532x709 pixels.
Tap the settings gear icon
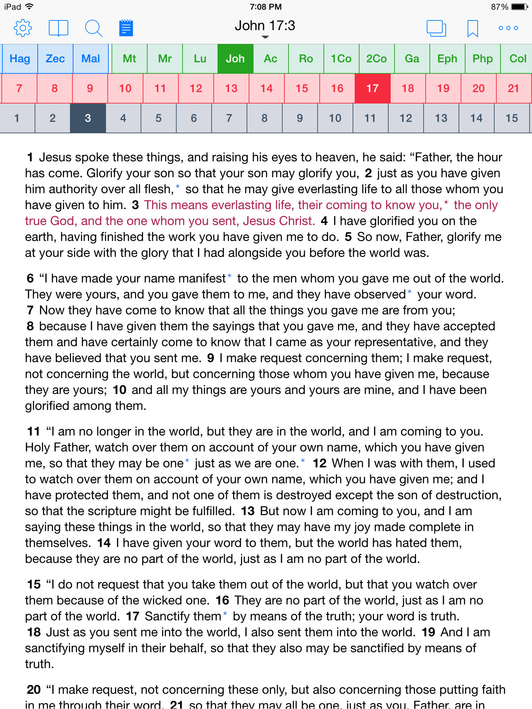coord(23,28)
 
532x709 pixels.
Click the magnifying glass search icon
coord(93,28)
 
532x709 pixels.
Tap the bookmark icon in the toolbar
coord(472,28)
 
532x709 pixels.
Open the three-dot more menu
coord(508,28)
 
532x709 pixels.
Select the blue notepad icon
coord(126,28)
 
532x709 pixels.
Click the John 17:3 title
coord(265,26)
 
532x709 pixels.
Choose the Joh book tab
coord(235,59)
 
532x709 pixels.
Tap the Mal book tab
coord(90,59)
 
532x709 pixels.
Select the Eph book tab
coord(447,59)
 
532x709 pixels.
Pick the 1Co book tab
coord(341,59)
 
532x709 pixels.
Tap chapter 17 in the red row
coord(372,89)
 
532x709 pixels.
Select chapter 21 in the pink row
coord(513,89)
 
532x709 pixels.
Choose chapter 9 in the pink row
coord(90,89)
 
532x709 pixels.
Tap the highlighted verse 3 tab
coord(88,118)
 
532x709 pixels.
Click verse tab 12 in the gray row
coord(406,118)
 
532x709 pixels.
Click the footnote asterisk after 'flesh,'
coord(178,187)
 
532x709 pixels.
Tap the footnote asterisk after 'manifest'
coord(229,277)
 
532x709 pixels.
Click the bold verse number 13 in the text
coord(248,511)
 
